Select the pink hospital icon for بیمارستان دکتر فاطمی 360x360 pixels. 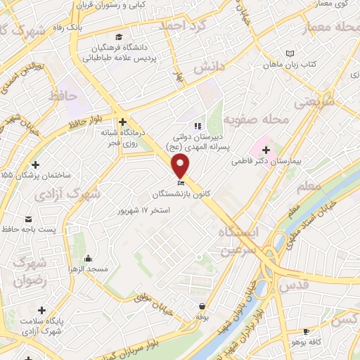[266, 149]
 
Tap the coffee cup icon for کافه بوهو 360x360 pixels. [306, 332]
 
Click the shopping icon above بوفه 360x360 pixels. [202, 306]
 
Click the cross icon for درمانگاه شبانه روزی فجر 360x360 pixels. [122, 121]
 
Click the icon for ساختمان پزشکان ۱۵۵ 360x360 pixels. [35, 165]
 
